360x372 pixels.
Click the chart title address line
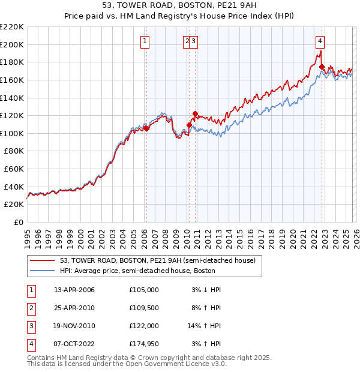(x=179, y=5)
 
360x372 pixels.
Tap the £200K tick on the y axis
(x=12, y=44)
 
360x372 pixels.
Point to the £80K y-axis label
(x=14, y=151)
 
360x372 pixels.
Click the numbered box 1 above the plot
(x=145, y=41)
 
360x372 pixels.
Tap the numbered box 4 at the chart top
(x=320, y=41)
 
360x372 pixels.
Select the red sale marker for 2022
(x=322, y=67)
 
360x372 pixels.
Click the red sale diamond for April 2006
(x=146, y=128)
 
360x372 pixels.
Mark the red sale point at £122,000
(x=195, y=113)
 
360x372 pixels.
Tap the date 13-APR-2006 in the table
(x=74, y=290)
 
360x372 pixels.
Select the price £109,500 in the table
(x=144, y=308)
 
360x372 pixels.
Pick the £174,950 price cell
(x=144, y=344)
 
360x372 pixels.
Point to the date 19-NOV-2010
(x=74, y=326)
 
